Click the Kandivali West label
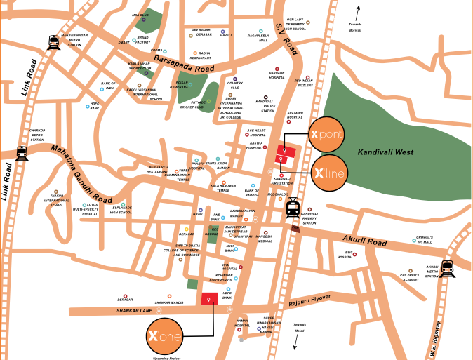(x=385, y=152)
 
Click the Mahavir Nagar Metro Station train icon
(x=54, y=42)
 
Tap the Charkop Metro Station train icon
(x=21, y=153)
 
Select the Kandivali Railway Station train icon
(x=293, y=208)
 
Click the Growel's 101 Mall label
(x=424, y=241)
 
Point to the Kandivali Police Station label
(x=267, y=106)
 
